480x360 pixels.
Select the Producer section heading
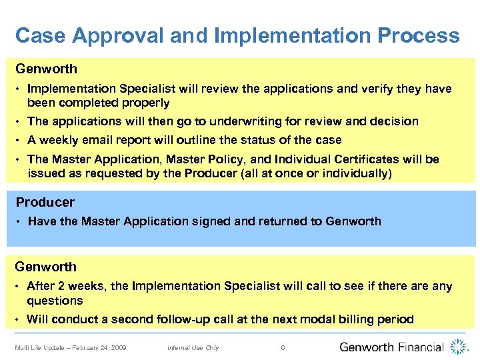pyautogui.click(x=45, y=202)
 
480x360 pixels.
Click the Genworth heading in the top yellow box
pyautogui.click(x=46, y=69)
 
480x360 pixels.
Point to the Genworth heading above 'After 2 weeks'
pyautogui.click(x=46, y=267)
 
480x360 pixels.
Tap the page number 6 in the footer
pyautogui.click(x=283, y=347)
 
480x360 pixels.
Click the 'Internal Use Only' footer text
pyautogui.click(x=193, y=347)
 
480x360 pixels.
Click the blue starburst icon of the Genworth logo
pyautogui.click(x=458, y=346)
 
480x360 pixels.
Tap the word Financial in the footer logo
pyautogui.click(x=421, y=347)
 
